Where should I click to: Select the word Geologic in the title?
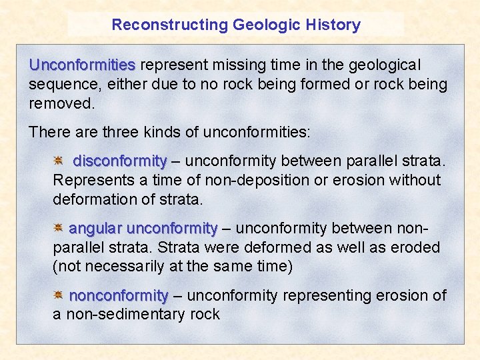(x=263, y=25)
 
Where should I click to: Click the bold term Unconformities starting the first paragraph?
(x=82, y=65)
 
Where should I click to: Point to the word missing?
(x=236, y=65)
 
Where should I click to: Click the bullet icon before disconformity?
(x=59, y=161)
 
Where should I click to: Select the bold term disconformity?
(x=119, y=161)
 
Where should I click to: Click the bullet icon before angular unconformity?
(x=59, y=228)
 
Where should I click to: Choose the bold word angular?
(x=95, y=229)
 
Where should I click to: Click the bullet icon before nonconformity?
(x=59, y=295)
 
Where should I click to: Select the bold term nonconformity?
(x=118, y=295)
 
